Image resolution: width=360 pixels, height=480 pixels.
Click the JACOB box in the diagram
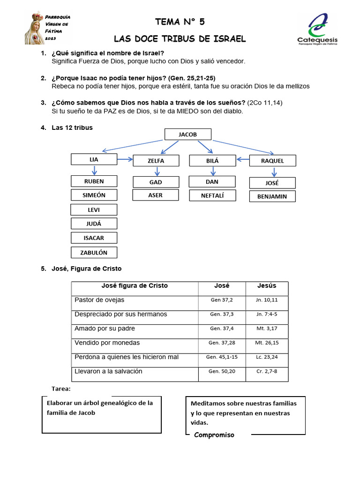(x=188, y=134)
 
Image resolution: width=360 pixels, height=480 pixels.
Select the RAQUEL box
(x=272, y=160)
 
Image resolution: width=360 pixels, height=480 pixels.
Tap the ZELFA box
(x=156, y=160)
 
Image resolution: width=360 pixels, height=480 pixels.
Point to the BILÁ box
(x=212, y=160)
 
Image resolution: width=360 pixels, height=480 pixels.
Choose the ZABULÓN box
(x=94, y=252)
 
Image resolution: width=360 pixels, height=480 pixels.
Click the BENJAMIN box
(x=272, y=196)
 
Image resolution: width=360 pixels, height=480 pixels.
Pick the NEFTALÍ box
(x=212, y=195)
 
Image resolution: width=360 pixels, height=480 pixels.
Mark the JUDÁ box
(x=94, y=224)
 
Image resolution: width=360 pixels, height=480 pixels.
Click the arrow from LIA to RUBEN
(x=94, y=170)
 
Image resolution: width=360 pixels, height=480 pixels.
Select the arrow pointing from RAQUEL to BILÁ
(x=242, y=159)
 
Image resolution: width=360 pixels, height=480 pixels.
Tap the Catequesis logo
(x=317, y=29)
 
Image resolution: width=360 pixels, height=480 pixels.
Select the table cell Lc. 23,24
(x=267, y=357)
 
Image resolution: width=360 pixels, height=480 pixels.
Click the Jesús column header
(x=267, y=285)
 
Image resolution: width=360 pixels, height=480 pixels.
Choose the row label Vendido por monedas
(x=107, y=343)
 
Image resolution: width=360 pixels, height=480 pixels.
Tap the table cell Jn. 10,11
(x=267, y=300)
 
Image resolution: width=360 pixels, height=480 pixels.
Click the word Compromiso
(x=214, y=435)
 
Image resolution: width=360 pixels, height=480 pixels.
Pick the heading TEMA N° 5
(x=180, y=22)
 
